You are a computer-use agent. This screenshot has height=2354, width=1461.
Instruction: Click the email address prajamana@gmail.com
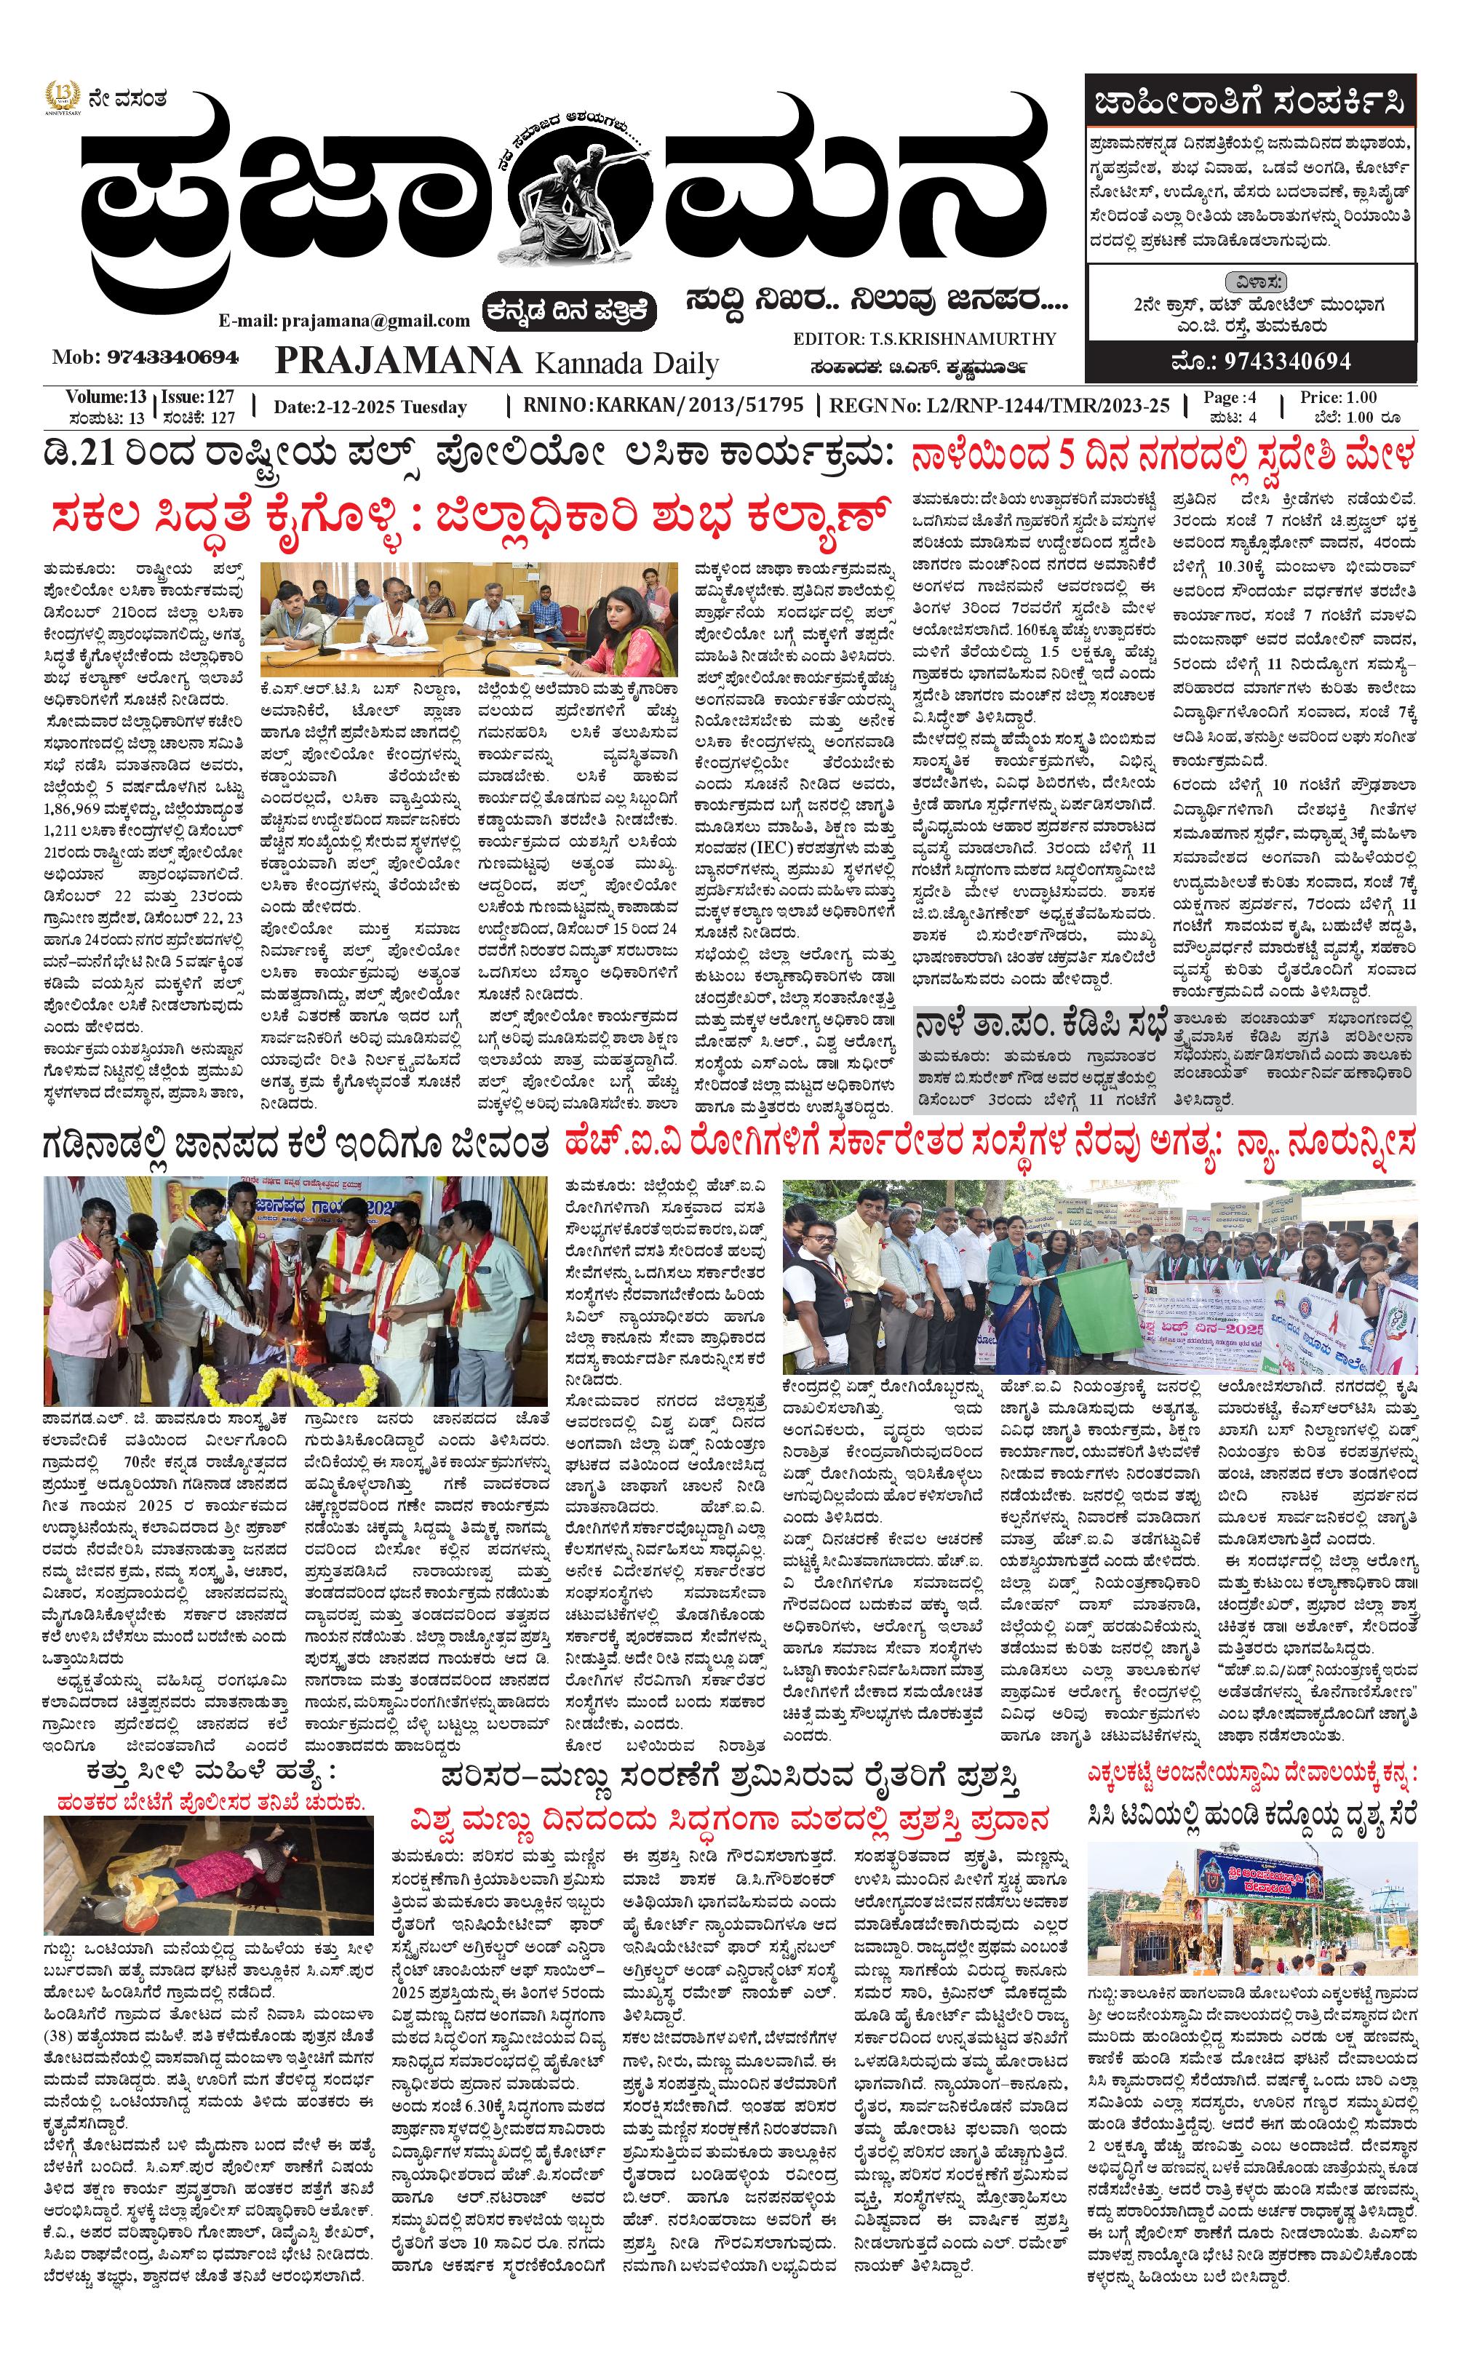tap(344, 320)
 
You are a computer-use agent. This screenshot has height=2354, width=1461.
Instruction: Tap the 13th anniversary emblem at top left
tap(62, 97)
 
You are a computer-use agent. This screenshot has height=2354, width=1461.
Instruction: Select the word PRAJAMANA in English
tap(398, 360)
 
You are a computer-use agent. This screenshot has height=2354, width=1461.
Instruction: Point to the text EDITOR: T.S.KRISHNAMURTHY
tap(924, 339)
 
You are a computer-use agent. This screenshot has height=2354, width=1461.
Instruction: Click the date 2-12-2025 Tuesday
tap(370, 407)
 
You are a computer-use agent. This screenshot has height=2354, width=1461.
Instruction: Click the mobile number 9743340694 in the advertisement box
tap(1259, 362)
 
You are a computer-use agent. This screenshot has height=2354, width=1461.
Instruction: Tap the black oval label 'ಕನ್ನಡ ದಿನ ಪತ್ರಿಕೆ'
tap(572, 310)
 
